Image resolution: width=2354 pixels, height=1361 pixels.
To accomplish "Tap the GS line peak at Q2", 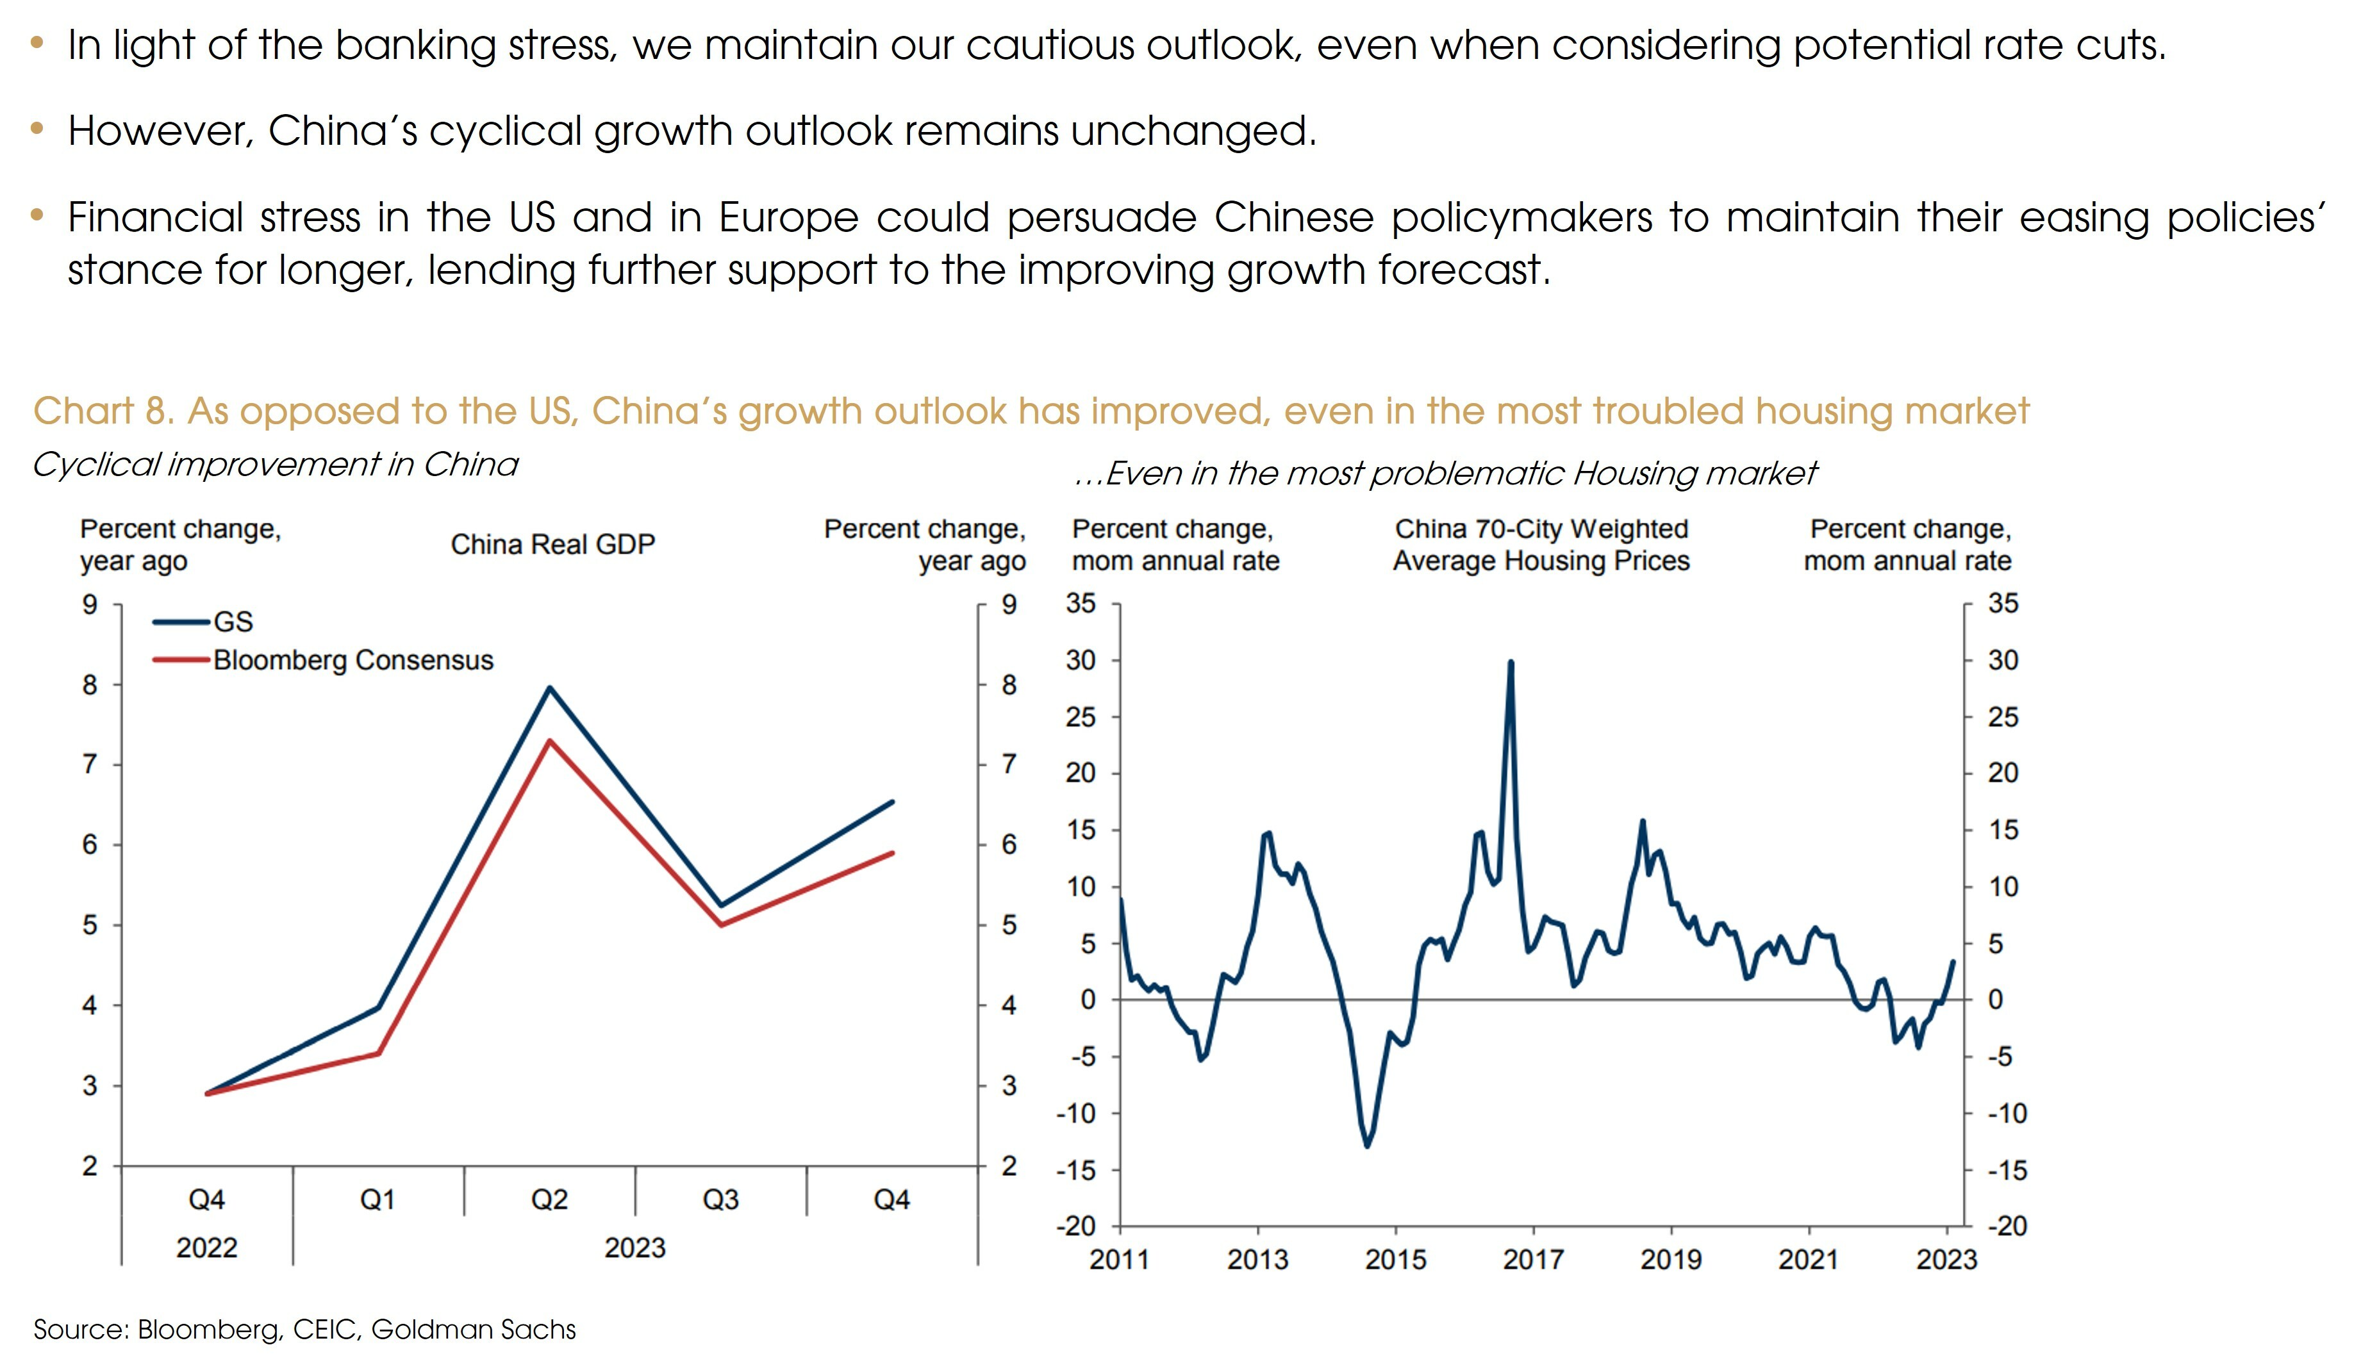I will tap(549, 688).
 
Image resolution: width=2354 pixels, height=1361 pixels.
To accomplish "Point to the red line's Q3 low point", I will tap(721, 925).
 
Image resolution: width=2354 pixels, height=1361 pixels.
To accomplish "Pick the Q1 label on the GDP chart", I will tap(377, 1200).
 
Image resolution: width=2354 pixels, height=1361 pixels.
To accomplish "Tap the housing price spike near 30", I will tap(1511, 663).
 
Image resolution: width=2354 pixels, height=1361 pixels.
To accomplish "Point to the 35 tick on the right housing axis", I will tap(2003, 604).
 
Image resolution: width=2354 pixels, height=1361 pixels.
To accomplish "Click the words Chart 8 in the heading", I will tap(103, 411).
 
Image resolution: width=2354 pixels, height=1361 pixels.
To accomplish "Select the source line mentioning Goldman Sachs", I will tap(304, 1329).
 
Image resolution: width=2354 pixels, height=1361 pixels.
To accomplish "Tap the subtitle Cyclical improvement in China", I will tap(275, 465).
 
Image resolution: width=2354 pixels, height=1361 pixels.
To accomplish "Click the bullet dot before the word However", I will tap(37, 129).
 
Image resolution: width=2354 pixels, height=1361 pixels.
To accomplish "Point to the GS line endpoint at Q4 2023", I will tap(893, 802).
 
